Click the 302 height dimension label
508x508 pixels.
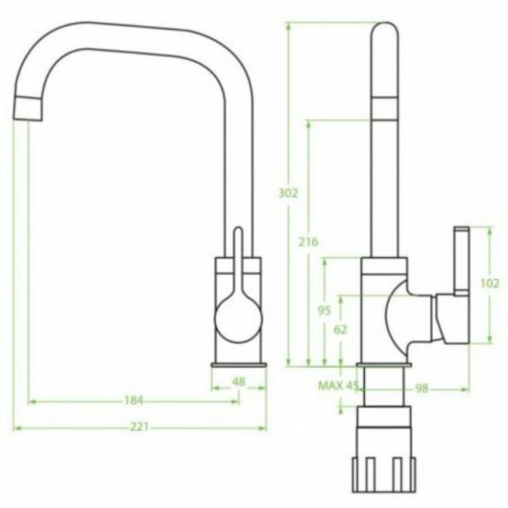pyautogui.click(x=288, y=194)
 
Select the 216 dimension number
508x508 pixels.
pyautogui.click(x=309, y=242)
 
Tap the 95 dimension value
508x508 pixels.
pyautogui.click(x=324, y=311)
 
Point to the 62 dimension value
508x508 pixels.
pyautogui.click(x=340, y=330)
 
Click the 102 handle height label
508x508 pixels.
pyautogui.click(x=490, y=284)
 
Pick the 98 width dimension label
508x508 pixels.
pyautogui.click(x=422, y=389)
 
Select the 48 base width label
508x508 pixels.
pyautogui.click(x=239, y=381)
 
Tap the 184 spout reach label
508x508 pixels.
pyautogui.click(x=133, y=401)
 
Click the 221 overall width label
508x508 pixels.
pyautogui.click(x=139, y=427)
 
